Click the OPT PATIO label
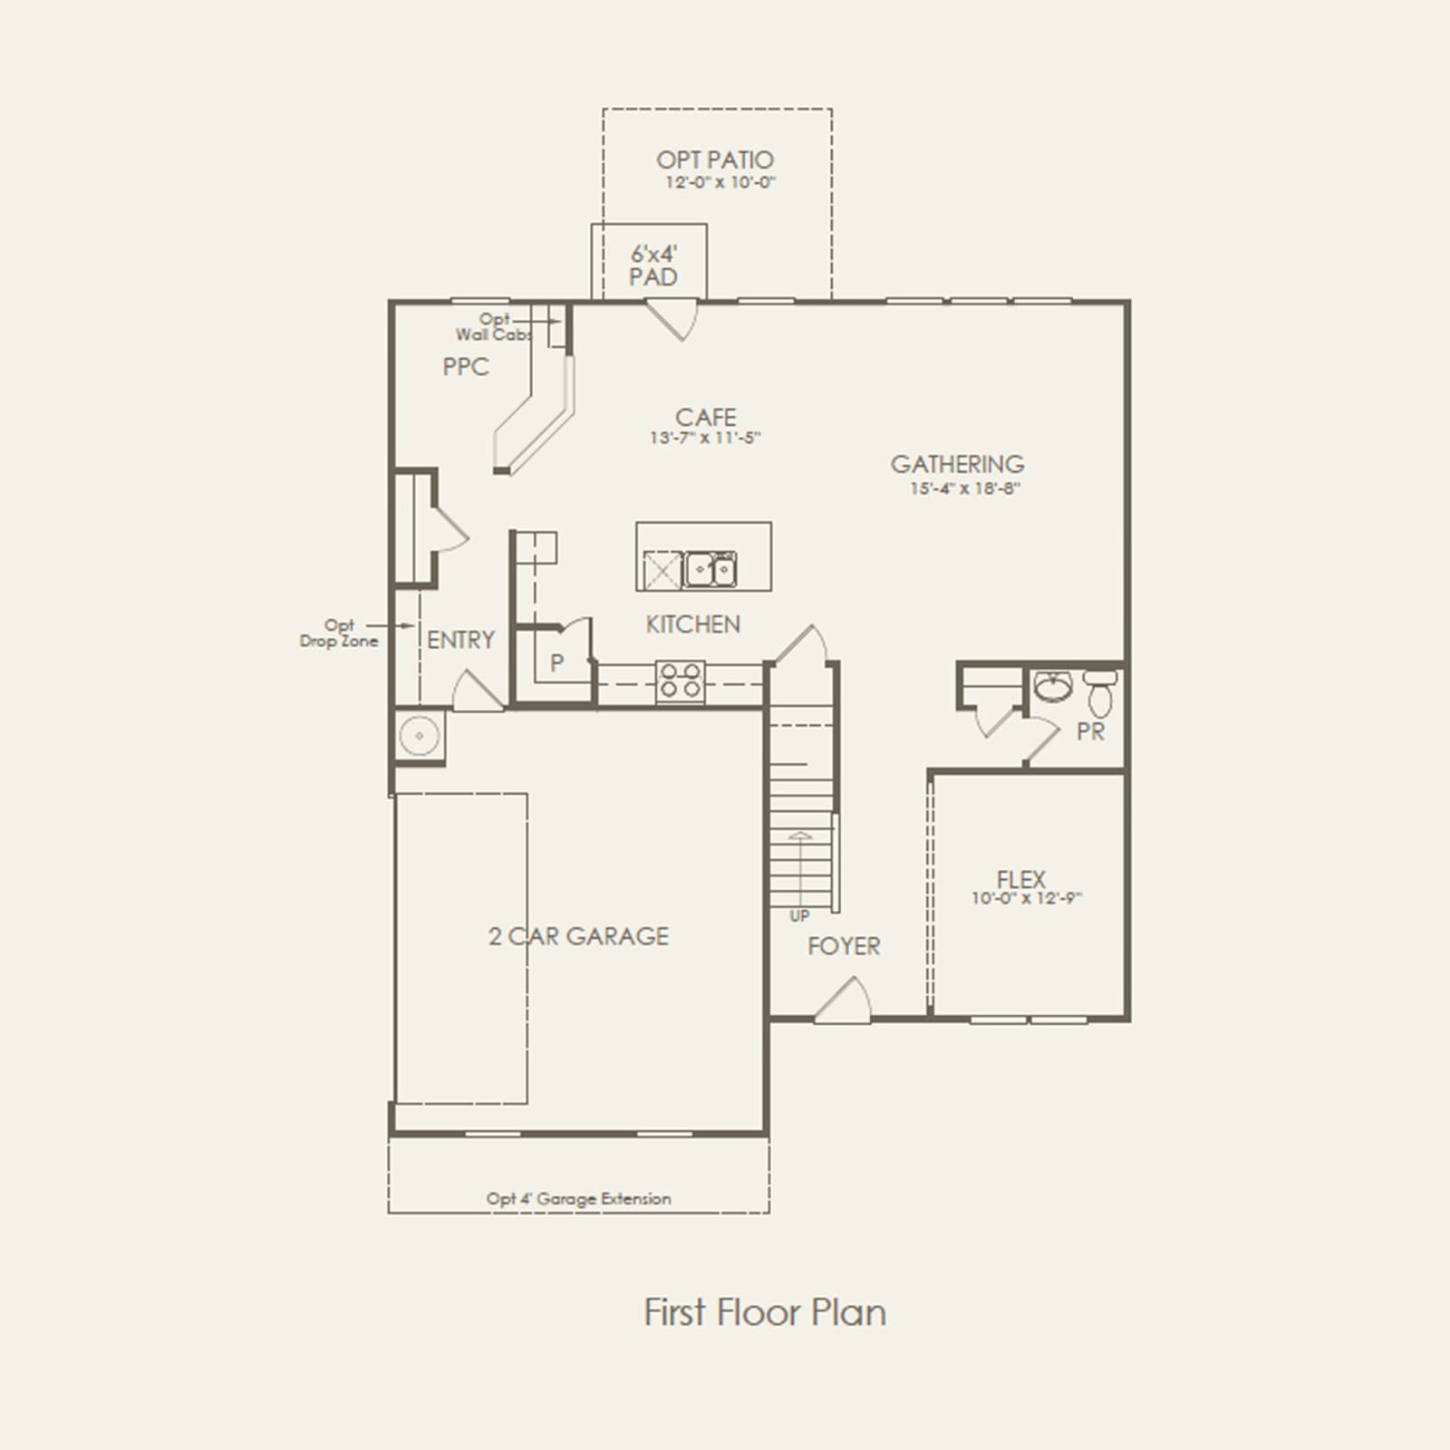(x=715, y=160)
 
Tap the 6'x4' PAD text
(x=654, y=266)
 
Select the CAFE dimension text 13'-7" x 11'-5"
(x=705, y=438)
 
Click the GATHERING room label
(x=957, y=464)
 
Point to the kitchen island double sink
(x=710, y=569)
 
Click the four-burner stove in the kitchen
(x=681, y=681)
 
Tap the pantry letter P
(x=556, y=663)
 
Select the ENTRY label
(x=460, y=640)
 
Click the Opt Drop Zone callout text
(x=339, y=633)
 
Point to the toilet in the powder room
(x=1100, y=692)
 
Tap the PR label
(x=1091, y=731)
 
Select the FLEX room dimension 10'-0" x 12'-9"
(x=1027, y=899)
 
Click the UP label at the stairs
(x=799, y=916)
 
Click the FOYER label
(x=844, y=946)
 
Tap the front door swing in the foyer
(x=844, y=1000)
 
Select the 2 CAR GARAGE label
(x=578, y=936)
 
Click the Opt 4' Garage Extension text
(x=579, y=1199)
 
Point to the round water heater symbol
(x=420, y=735)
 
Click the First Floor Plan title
(x=765, y=1312)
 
